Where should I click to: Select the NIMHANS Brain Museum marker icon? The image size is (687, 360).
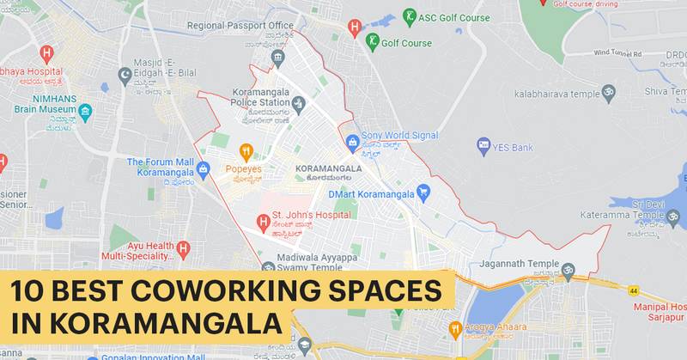(85, 111)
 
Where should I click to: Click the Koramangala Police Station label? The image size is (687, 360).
(261, 97)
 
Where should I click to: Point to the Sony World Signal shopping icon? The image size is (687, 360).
(351, 142)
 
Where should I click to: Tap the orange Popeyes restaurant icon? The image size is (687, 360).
(245, 152)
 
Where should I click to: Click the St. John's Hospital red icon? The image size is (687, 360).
(263, 223)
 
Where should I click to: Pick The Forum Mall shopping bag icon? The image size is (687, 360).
(203, 168)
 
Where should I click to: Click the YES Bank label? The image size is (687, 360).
(513, 148)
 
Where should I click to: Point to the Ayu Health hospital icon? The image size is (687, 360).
(182, 249)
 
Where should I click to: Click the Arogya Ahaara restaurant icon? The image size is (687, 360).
(456, 328)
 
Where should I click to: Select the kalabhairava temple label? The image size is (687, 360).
(556, 93)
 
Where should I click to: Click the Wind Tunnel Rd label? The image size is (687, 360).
(618, 53)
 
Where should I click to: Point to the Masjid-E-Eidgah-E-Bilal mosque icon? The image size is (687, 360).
(125, 74)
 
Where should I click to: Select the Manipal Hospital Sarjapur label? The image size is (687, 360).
(659, 312)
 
